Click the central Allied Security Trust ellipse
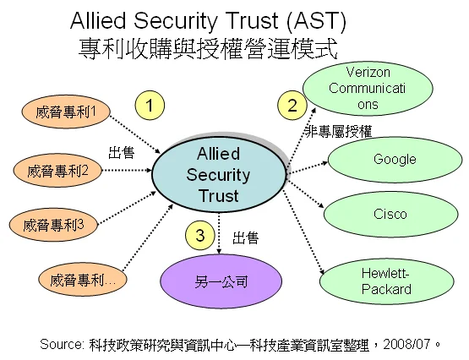coord(219,175)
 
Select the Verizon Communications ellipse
coord(368,89)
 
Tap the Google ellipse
coord(395,160)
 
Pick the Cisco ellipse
coord(390,214)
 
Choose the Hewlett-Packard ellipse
coord(386,281)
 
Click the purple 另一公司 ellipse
coord(221,281)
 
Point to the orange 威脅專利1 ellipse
coord(66,112)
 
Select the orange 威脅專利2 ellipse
coord(57,171)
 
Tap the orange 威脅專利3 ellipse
coord(53,225)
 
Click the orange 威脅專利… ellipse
coord(83,280)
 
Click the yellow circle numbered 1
coord(150,106)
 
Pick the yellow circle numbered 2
coord(292,106)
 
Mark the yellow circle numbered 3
coord(200,235)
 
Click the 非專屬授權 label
coord(339,132)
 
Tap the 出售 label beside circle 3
coord(246,238)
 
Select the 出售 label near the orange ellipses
coord(121,152)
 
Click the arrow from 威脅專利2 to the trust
coord(127,171)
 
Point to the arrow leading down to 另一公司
coord(219,233)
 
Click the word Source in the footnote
coord(62,345)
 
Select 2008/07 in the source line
coord(406,345)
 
